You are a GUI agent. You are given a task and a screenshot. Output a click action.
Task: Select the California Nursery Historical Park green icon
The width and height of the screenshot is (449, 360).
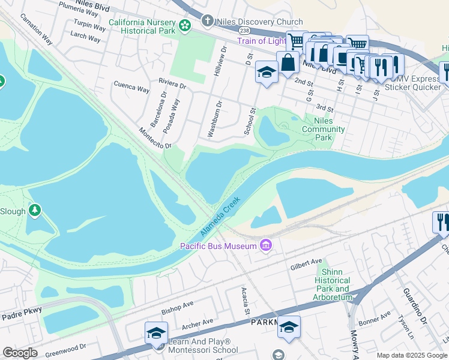pos(185,25)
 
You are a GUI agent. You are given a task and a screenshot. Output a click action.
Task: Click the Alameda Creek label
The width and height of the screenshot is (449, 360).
pos(220,217)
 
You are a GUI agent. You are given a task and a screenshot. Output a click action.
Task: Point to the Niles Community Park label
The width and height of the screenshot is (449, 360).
pos(323,129)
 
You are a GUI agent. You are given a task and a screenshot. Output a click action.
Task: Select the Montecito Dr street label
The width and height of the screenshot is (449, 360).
pos(155,137)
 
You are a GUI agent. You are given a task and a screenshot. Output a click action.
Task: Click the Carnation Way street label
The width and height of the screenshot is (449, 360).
pos(36,28)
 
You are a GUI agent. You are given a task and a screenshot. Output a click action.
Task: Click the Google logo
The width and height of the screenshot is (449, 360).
pos(20,353)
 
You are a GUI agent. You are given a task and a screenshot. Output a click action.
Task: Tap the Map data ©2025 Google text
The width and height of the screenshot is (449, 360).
pos(412,355)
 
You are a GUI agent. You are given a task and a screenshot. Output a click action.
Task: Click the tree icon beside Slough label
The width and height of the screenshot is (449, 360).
pos(35,210)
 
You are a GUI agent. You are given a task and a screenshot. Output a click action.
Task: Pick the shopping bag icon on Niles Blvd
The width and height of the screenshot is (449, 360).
pos(288,62)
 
